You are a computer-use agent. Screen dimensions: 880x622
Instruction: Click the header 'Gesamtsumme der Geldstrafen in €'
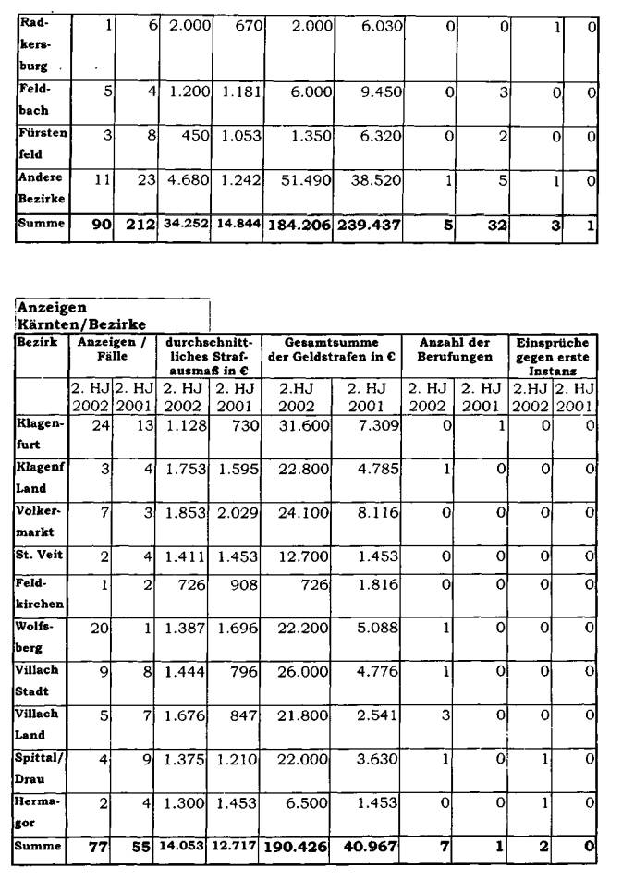332,348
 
